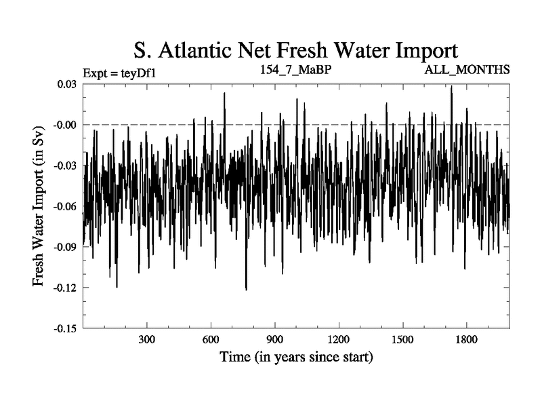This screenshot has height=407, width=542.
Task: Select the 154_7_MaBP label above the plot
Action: (x=296, y=69)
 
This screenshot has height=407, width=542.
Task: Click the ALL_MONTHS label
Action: (x=467, y=69)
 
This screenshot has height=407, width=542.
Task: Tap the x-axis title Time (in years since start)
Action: (x=296, y=357)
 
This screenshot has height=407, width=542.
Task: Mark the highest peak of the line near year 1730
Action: (x=451, y=87)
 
